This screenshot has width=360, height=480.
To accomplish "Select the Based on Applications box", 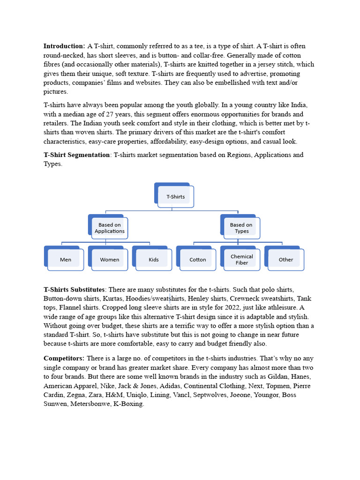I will pyautogui.click(x=110, y=228).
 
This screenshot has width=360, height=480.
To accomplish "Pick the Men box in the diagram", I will pyautogui.click(x=66, y=260).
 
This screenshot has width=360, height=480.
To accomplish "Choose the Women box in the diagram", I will pyautogui.click(x=110, y=260).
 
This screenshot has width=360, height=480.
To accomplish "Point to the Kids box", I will pyautogui.click(x=154, y=260).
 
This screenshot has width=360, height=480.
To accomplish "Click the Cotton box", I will pyautogui.click(x=198, y=260).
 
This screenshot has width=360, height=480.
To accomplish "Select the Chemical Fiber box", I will pyautogui.click(x=242, y=260).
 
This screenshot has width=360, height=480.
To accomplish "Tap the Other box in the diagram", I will pyautogui.click(x=286, y=260).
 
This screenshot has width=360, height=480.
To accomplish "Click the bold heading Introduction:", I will pyautogui.click(x=64, y=46).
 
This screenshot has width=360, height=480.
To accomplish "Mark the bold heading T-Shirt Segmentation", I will pyautogui.click(x=77, y=155).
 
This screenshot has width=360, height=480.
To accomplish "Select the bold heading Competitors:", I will pyautogui.click(x=64, y=359).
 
